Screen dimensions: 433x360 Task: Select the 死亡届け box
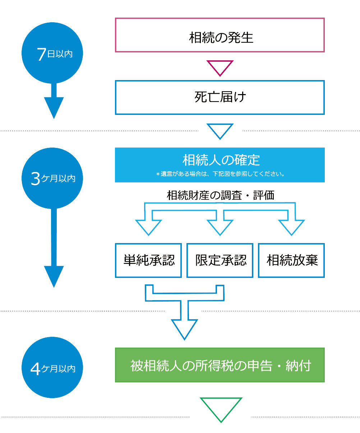point(220,97)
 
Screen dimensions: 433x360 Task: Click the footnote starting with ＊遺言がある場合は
point(220,174)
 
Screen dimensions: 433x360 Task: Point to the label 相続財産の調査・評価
point(220,195)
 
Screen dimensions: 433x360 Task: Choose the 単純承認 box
point(148,260)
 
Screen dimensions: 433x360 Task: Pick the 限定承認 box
point(220,260)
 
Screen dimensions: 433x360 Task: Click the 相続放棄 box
point(291,260)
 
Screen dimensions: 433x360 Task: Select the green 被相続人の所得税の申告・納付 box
point(220,365)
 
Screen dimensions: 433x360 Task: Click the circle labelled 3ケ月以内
point(53,177)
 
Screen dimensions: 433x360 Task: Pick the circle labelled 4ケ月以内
point(53,368)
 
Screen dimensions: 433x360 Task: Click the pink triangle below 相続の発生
point(220,67)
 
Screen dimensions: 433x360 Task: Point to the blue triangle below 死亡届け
point(220,130)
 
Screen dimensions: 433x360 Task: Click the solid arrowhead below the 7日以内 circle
point(54,107)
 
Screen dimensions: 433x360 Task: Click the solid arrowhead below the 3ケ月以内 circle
point(54,275)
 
